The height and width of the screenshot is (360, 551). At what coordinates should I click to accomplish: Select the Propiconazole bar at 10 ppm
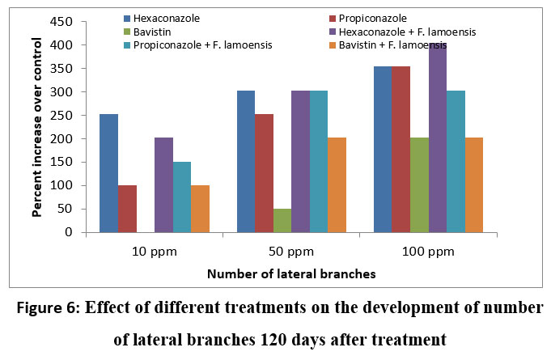click(127, 209)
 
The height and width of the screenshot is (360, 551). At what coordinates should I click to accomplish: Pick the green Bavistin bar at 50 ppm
click(282, 220)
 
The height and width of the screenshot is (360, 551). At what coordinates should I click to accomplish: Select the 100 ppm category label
click(427, 251)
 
